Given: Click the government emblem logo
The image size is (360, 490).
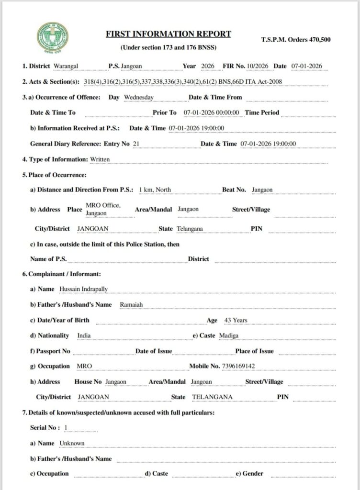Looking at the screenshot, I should pyautogui.click(x=53, y=39).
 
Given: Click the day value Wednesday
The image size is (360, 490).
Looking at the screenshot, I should pyautogui.click(x=138, y=97).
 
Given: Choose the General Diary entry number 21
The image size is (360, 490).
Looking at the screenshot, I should pyautogui.click(x=136, y=144).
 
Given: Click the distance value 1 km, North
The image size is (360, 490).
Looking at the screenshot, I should pyautogui.click(x=155, y=189).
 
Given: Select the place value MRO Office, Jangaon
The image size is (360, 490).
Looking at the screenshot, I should pyautogui.click(x=103, y=209).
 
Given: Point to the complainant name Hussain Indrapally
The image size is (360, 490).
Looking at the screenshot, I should pyautogui.click(x=84, y=290).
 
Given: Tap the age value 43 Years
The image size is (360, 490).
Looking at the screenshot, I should pyautogui.click(x=234, y=320).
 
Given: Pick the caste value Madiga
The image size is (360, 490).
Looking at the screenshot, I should pyautogui.click(x=228, y=335).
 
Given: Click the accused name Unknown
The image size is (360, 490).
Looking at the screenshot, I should pyautogui.click(x=72, y=443).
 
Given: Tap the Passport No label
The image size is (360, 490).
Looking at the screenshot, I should pyautogui.click(x=50, y=351).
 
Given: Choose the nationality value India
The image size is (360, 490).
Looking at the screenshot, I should pyautogui.click(x=84, y=335).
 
